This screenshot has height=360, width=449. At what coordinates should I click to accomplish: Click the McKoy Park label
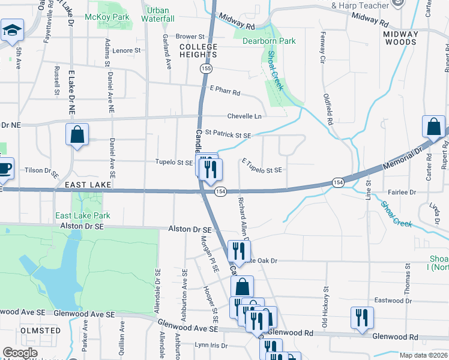point(99,17)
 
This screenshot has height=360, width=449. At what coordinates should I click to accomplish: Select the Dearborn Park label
point(269,41)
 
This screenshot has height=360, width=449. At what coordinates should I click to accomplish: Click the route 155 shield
point(206,70)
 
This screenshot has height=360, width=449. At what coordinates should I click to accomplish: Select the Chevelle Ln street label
point(244,116)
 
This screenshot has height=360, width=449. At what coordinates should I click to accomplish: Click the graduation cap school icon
point(11,30)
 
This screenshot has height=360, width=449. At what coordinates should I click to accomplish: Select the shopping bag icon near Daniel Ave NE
point(78,134)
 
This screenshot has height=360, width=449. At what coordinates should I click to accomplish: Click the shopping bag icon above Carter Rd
point(433,127)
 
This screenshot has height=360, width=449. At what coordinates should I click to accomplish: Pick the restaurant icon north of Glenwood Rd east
point(361,318)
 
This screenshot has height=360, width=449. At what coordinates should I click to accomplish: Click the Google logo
point(20,353)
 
